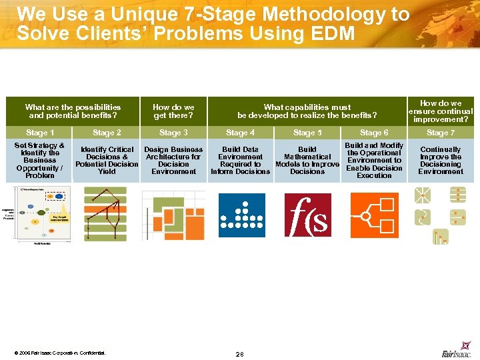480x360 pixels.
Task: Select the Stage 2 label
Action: click(x=107, y=133)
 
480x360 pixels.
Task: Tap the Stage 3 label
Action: click(x=173, y=133)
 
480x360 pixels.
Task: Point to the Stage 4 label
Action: click(x=240, y=133)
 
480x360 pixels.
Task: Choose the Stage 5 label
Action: click(x=307, y=133)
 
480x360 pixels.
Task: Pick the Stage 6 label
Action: click(x=374, y=133)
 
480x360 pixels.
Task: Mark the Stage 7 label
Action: click(x=441, y=133)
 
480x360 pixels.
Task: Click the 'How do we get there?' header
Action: click(x=173, y=111)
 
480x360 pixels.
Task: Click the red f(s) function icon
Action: click(x=307, y=215)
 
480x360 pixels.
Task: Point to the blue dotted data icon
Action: click(x=241, y=215)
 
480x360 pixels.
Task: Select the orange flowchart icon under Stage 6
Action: click(x=374, y=215)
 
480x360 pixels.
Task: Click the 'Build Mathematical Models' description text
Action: click(x=307, y=161)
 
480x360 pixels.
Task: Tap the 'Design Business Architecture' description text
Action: click(x=173, y=161)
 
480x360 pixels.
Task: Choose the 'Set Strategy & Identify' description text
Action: click(x=39, y=161)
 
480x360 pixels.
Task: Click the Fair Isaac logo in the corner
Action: click(x=457, y=353)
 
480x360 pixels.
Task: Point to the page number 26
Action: click(x=239, y=354)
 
